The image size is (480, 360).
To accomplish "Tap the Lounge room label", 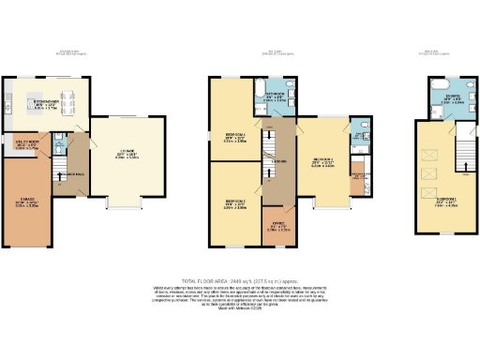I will click(x=126, y=156).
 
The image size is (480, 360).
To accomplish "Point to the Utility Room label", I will click(x=25, y=146).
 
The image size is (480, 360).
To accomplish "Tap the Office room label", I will click(x=278, y=226).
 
